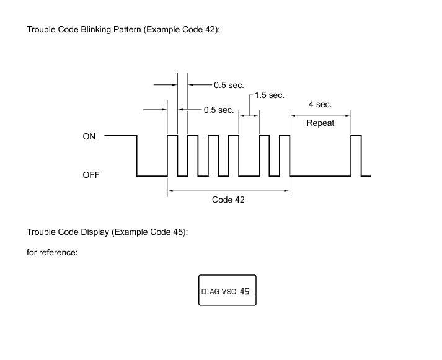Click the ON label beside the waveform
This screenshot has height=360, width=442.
[x=89, y=136]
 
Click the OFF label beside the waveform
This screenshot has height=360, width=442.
[x=91, y=175]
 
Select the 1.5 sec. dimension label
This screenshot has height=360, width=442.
[x=269, y=95]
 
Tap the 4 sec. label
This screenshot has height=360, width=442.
[x=320, y=105]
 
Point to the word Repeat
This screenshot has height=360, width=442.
[x=320, y=123]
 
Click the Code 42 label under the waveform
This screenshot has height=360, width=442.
[x=228, y=200]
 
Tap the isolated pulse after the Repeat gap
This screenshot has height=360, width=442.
[x=356, y=155]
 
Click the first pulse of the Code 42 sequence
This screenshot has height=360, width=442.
[x=172, y=155]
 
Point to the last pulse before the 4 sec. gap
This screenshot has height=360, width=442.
[x=285, y=155]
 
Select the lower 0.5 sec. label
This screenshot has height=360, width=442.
[x=218, y=110]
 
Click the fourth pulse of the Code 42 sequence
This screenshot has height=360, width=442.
[x=234, y=155]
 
